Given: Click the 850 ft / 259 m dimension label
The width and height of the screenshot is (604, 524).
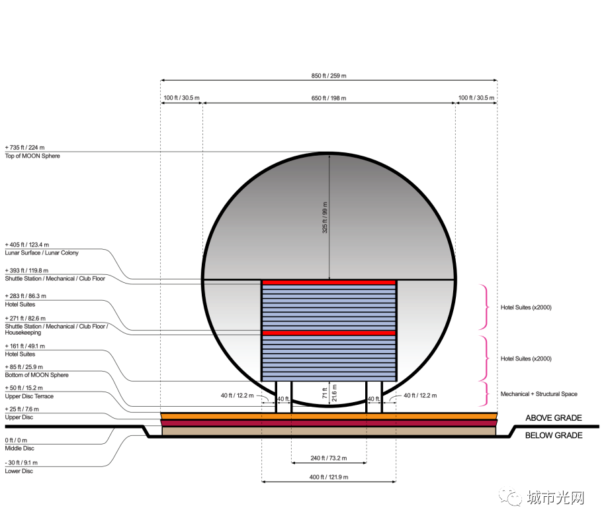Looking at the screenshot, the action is point(329,76).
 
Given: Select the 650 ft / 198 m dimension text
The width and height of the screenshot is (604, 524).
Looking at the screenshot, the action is point(329,98).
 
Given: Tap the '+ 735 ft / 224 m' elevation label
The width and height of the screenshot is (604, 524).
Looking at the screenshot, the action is point(24,148).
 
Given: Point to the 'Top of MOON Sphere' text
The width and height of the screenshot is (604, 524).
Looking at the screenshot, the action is point(32,156).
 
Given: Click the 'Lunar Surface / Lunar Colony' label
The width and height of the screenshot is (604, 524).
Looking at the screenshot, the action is point(42,253).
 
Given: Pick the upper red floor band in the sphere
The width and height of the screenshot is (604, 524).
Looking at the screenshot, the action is point(329,282).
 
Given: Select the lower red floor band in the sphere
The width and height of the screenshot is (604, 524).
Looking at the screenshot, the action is point(329,333).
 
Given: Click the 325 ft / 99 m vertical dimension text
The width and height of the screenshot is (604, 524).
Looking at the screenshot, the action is point(325,217).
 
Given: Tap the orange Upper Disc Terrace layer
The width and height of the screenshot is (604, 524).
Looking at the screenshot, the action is point(329,416).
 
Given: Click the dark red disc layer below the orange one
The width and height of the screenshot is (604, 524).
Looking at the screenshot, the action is point(329,423).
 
